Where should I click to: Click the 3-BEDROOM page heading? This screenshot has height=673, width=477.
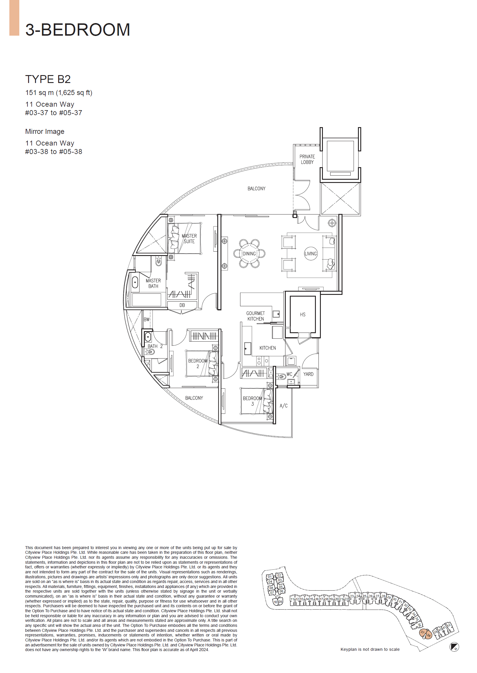click(x=78, y=30)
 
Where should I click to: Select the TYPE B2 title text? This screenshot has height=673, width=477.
click(x=48, y=79)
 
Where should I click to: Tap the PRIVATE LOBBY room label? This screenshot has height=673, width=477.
click(x=307, y=159)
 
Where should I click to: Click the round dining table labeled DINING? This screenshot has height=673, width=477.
click(x=249, y=254)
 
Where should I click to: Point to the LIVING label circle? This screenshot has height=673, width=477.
click(x=311, y=254)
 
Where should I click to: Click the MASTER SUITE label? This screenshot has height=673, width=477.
click(x=189, y=239)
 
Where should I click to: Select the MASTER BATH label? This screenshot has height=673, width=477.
click(x=153, y=283)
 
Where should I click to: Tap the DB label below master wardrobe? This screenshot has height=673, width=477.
click(x=182, y=305)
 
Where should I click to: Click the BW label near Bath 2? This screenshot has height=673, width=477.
click(x=146, y=319)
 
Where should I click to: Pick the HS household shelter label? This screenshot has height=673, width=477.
click(x=302, y=315)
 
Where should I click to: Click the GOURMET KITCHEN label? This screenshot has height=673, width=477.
click(x=255, y=316)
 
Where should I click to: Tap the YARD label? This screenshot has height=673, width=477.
click(x=308, y=374)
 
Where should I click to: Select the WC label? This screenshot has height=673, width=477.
click(x=289, y=374)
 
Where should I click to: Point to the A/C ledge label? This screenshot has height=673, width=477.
click(x=283, y=406)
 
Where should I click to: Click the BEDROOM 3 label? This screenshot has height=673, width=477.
click(x=252, y=401)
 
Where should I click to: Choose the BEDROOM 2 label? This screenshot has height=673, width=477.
click(x=198, y=363)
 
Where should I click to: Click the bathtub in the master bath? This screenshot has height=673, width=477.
click(x=135, y=283)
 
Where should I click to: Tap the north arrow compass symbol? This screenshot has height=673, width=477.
click(x=454, y=647)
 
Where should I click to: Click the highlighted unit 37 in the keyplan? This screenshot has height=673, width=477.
click(x=422, y=632)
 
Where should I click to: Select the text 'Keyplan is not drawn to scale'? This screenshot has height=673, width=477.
click(x=370, y=649)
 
